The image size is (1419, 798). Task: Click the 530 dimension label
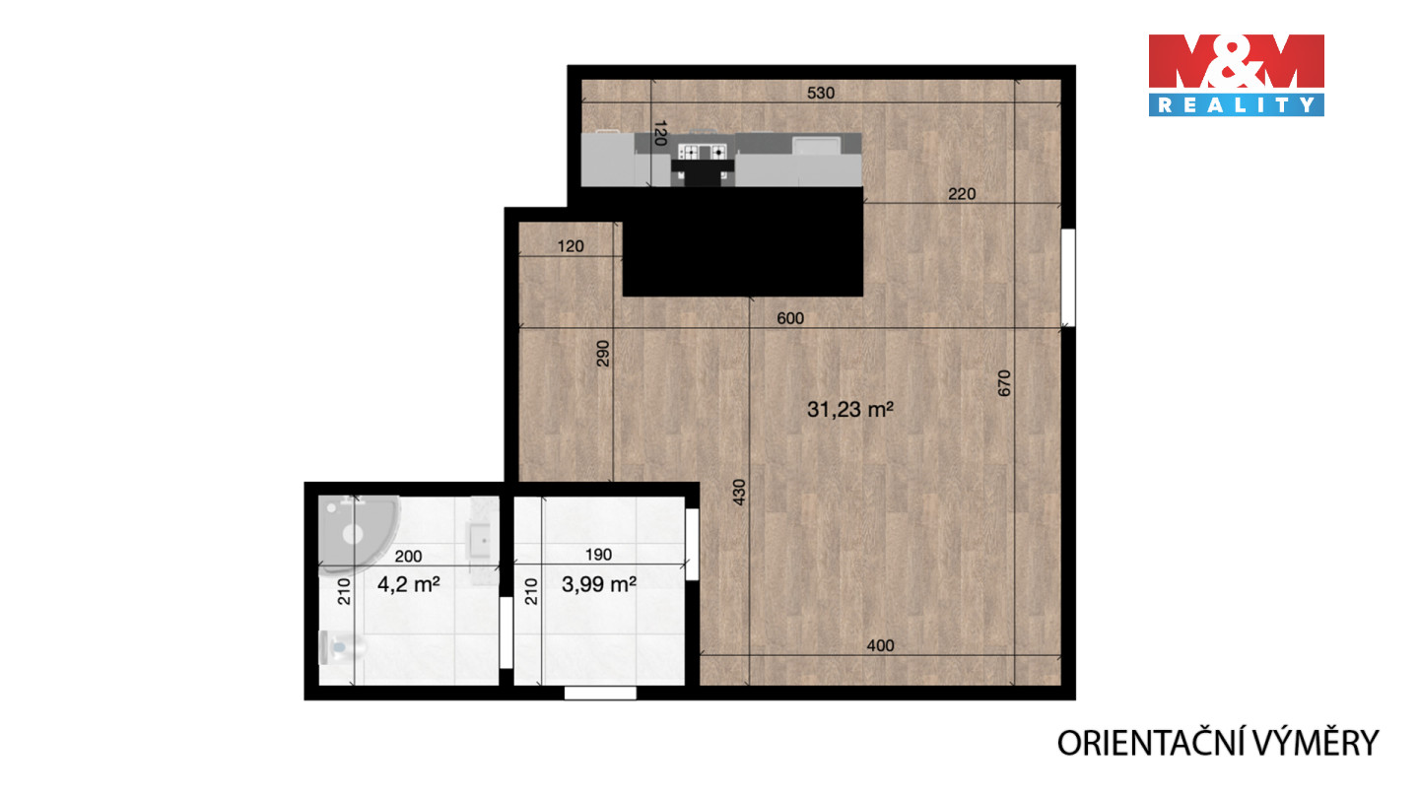pyautogui.click(x=820, y=93)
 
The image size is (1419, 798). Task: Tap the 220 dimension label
pyautogui.click(x=962, y=194)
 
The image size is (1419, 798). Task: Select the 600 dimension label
pyautogui.click(x=790, y=318)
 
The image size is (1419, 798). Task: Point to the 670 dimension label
pyautogui.click(x=1004, y=383)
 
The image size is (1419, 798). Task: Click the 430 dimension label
pyautogui.click(x=739, y=493)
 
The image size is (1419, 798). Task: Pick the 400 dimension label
pyautogui.click(x=880, y=646)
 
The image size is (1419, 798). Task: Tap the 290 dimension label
pyautogui.click(x=603, y=354)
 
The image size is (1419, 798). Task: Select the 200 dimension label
pyautogui.click(x=408, y=557)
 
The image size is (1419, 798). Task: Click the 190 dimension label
pyautogui.click(x=598, y=555)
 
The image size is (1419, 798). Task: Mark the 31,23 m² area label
pyautogui.click(x=850, y=410)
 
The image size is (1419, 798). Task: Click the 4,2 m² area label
pyautogui.click(x=409, y=584)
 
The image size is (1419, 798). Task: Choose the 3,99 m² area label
pyautogui.click(x=599, y=584)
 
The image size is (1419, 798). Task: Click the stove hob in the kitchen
pyautogui.click(x=702, y=152)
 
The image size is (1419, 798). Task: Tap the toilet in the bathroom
pyautogui.click(x=341, y=647)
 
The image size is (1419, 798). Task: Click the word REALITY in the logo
pyautogui.click(x=1236, y=105)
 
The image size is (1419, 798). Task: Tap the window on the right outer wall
pyautogui.click(x=1068, y=278)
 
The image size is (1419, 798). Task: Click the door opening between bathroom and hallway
pyautogui.click(x=506, y=632)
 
